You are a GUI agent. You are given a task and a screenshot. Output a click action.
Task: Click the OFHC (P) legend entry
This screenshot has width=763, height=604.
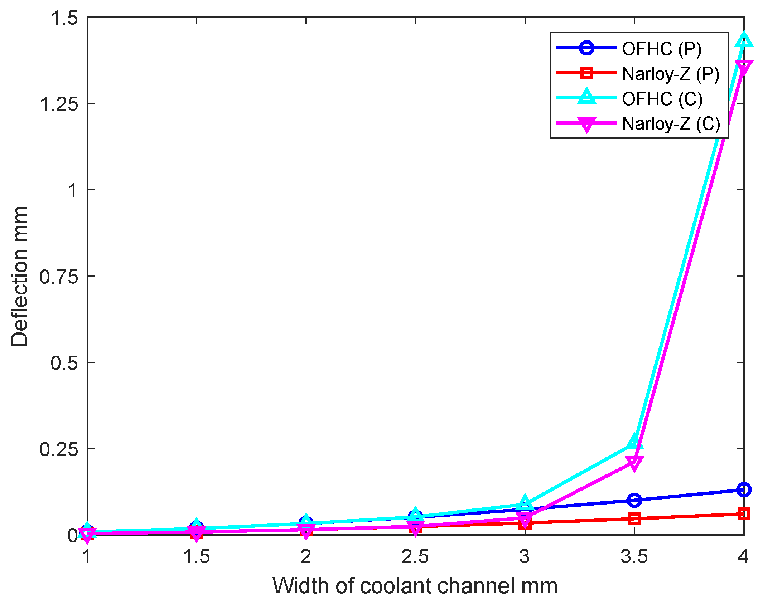[661, 49]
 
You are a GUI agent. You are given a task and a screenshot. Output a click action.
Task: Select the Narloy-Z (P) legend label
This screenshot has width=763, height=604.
[670, 74]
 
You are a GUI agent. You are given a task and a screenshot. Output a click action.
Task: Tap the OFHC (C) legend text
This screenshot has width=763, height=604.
[662, 99]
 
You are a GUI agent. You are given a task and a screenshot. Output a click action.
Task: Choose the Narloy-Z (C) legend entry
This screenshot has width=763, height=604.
[671, 124]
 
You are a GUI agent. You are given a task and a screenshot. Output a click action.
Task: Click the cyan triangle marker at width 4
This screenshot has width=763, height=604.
[744, 40]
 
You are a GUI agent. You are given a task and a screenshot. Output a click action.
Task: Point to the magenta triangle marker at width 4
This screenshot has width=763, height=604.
[744, 67]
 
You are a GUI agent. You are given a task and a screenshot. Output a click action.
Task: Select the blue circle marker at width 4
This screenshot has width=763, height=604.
[744, 489]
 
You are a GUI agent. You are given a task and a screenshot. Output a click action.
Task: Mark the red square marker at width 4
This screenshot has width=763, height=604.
[744, 514]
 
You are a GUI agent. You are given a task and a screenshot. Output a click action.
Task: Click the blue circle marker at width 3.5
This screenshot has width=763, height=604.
[634, 500]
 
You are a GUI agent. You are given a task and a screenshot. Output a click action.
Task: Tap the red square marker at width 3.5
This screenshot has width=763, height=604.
[634, 518]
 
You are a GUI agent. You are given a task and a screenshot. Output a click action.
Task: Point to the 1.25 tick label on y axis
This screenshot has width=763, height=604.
[59, 104]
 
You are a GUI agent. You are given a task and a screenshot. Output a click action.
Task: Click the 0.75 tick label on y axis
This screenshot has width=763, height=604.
[59, 277]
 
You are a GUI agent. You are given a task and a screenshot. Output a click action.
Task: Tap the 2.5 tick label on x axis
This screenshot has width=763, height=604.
[415, 557]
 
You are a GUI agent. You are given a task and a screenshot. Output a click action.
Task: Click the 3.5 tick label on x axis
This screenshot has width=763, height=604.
[634, 557]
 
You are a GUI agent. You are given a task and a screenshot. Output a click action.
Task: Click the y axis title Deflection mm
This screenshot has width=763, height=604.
[20, 276]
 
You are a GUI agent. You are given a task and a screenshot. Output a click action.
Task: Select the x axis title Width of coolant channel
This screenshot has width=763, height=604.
[415, 586]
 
